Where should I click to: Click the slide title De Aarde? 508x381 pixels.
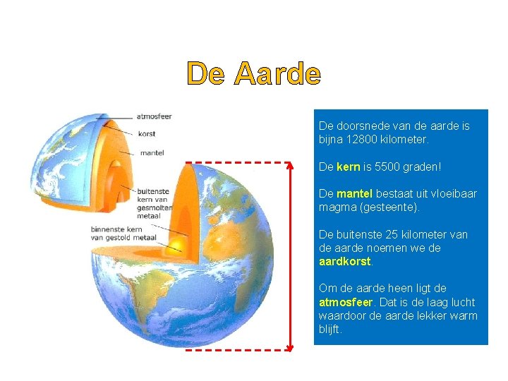coord(253,73)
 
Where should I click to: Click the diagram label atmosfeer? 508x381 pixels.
coord(155,116)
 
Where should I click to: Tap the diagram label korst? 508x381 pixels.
coord(147,133)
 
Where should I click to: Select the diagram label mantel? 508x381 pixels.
coord(152,152)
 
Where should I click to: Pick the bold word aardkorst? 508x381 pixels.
coord(344,261)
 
